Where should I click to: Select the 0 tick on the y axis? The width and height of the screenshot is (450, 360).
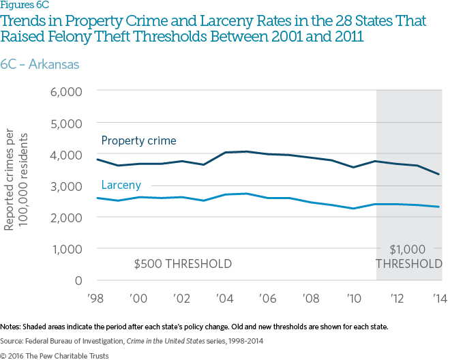point(78,280)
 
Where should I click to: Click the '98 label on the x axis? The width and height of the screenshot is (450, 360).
point(97,298)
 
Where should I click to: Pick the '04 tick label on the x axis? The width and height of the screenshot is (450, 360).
point(226,298)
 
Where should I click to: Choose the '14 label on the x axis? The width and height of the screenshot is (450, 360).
point(438,298)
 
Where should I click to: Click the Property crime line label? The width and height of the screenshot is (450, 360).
point(138,141)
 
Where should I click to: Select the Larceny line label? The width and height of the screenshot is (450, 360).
point(121,185)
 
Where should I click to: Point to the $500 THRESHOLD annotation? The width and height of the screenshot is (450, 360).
point(183,264)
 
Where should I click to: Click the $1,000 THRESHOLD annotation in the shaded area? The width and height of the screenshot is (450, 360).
point(410,257)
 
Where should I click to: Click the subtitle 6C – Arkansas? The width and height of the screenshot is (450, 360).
point(40,65)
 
